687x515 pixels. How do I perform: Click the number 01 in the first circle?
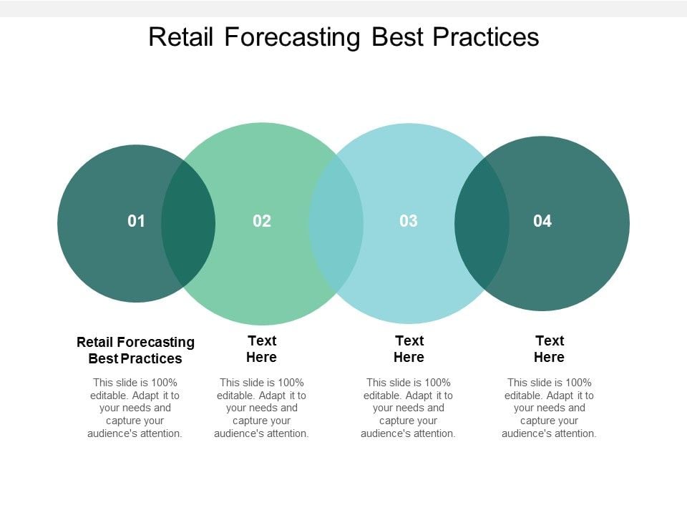pos(136,221)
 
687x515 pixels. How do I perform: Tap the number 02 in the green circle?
pos(262,221)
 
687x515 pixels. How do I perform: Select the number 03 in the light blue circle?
pos(408,221)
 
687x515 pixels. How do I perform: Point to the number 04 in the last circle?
pos(542,221)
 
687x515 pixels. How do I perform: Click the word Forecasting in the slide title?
pos(292,36)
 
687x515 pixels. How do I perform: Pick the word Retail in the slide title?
pos(182,36)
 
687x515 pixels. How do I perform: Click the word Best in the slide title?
pos(396,36)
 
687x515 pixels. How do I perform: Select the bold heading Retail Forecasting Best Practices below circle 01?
pos(135,350)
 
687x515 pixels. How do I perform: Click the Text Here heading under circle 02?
pos(262,348)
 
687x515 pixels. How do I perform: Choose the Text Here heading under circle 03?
pos(409,348)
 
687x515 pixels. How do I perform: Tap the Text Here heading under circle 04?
pos(550,348)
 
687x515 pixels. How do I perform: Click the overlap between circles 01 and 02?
pos(188,223)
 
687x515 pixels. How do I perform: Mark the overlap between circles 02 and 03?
pos(336,223)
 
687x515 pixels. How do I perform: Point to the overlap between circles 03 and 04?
pos(482,223)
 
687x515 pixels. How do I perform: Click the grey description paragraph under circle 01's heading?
pos(135,408)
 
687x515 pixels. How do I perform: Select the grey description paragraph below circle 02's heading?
pos(262,408)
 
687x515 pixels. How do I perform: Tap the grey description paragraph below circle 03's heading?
pos(409,408)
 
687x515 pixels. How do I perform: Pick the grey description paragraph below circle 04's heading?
pos(550,408)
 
